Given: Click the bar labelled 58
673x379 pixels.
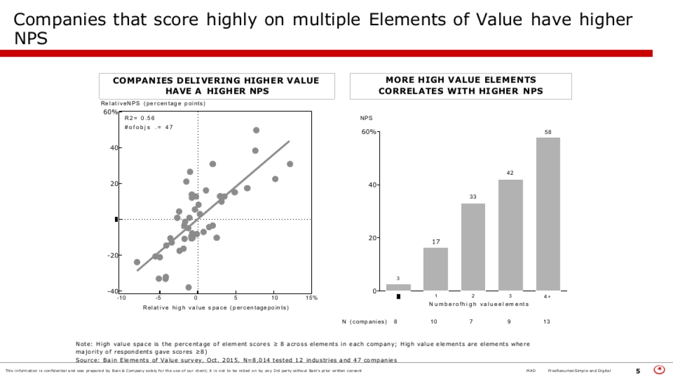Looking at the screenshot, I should coord(548,214).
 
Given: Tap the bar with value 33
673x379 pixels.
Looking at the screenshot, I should coord(473,246).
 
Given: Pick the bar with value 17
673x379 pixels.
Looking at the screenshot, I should coord(436,269).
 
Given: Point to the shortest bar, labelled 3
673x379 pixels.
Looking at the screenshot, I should coord(398,287).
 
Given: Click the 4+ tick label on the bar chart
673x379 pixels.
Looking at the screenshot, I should coord(547,296).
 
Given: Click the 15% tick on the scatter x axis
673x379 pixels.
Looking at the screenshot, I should coord(311,298).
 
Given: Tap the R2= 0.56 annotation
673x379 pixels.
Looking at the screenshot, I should coord(140,118).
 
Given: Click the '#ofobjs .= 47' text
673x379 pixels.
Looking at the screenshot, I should coord(149,127).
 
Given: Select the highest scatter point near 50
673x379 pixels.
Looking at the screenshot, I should coord(256,130).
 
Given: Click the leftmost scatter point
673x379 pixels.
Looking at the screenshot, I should coord(137,262).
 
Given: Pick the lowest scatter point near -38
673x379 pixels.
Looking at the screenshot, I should coord(188,287).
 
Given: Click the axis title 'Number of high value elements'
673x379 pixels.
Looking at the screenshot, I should coord(478,304).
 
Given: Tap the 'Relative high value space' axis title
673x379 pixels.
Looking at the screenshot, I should coord(216,308).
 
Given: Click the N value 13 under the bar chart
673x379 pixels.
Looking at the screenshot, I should coord(547,322).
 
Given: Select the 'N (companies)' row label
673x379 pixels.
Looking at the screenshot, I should coord(365,322).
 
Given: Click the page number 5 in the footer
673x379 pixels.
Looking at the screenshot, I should coord(638,371).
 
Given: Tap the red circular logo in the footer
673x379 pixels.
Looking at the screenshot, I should coord(660,370).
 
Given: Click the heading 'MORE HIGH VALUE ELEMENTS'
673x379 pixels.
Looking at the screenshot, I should coord(460,80).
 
